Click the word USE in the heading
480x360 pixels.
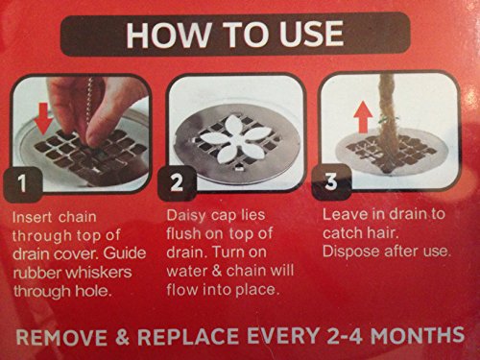click(311, 34)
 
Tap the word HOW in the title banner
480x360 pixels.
click(169, 35)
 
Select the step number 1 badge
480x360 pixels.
click(22, 184)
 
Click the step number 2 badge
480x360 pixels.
click(177, 183)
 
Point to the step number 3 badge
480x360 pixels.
click(331, 181)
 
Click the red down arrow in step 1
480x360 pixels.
click(44, 118)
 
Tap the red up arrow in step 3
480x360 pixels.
click(363, 118)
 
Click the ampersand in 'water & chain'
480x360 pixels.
click(217, 271)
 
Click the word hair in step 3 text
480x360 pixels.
click(383, 232)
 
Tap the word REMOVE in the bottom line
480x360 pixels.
click(61, 337)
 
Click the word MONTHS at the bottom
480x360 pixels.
click(418, 335)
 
